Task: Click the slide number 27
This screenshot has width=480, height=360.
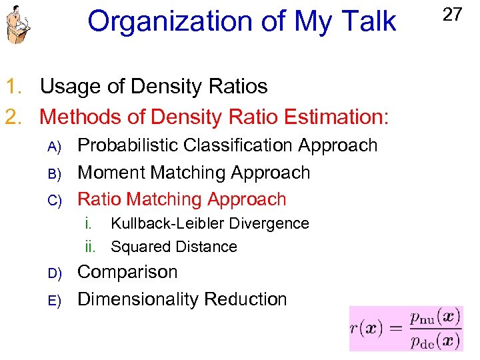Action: [452, 15]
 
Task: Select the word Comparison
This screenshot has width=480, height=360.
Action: [128, 272]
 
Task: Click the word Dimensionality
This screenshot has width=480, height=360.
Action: [139, 299]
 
